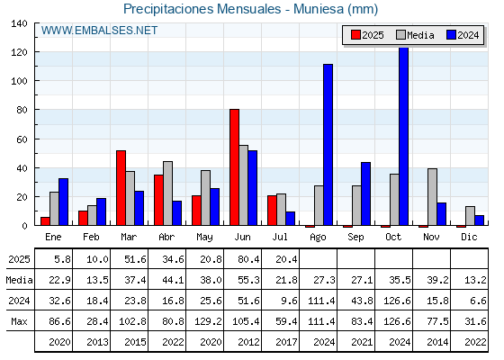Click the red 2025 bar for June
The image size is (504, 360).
[x=234, y=167]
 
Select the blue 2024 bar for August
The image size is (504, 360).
[x=328, y=145]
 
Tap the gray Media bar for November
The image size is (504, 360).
[x=432, y=197]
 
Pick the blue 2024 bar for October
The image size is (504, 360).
[x=404, y=136]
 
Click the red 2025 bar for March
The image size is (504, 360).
[x=121, y=188]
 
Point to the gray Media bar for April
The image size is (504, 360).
[x=167, y=193]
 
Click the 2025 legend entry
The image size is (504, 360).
[x=367, y=35]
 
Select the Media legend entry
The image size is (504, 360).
[x=415, y=35]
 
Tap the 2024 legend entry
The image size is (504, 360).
[x=463, y=35]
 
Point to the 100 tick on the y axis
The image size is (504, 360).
[x=19, y=81]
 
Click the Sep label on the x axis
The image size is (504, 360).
[x=355, y=238]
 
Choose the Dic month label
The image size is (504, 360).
[x=469, y=237]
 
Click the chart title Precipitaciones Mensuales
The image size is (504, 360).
[x=202, y=9]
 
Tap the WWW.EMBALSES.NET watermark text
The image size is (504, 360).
[x=99, y=31]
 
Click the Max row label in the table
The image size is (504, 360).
[x=19, y=321]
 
